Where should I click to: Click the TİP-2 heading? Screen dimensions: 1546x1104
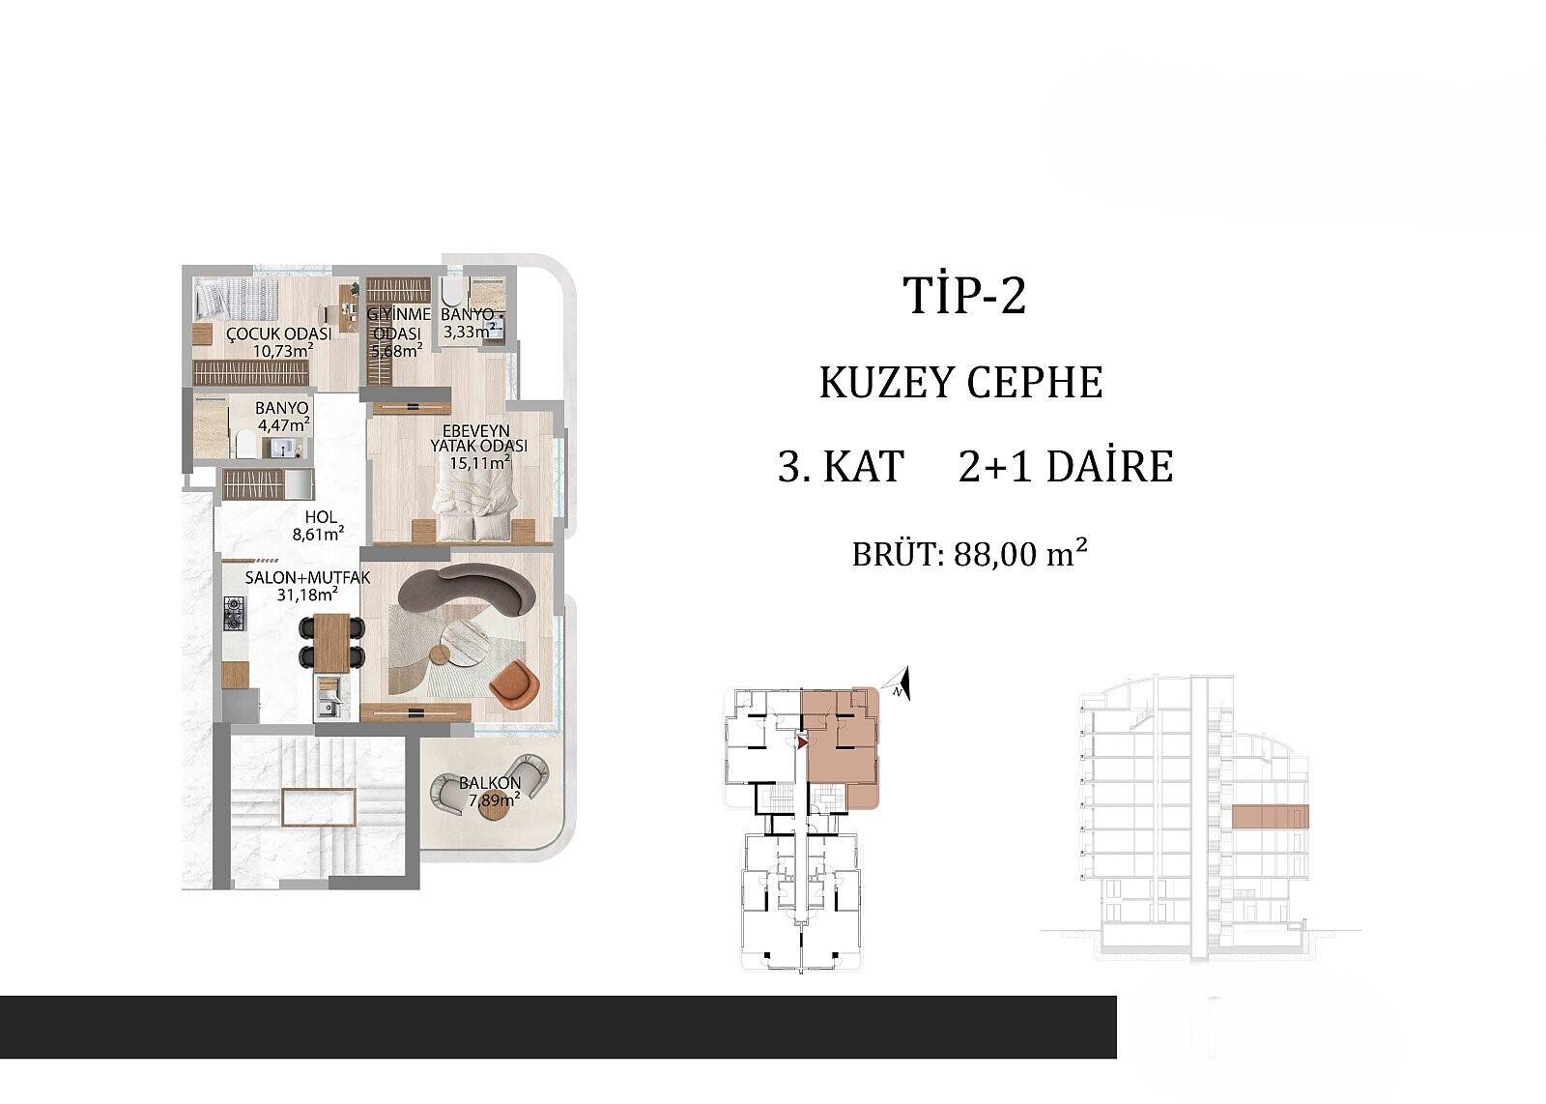(965, 296)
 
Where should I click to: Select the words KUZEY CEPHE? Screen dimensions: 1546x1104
(960, 383)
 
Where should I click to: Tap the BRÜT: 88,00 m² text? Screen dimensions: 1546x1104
(970, 554)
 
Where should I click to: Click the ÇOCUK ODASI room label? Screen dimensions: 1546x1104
(279, 334)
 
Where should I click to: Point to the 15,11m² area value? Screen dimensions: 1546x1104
(480, 462)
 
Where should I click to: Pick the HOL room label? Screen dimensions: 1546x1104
(321, 516)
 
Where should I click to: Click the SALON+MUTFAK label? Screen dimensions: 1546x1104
(308, 577)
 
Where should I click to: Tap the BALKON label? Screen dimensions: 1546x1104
(490, 783)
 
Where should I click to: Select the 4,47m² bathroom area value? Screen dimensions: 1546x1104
(284, 424)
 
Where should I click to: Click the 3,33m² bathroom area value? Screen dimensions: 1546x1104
(468, 332)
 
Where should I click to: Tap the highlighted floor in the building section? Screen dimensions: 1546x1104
(1270, 816)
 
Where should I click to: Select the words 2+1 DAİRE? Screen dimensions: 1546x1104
(1066, 467)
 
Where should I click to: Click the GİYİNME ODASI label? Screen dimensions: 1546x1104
(398, 323)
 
